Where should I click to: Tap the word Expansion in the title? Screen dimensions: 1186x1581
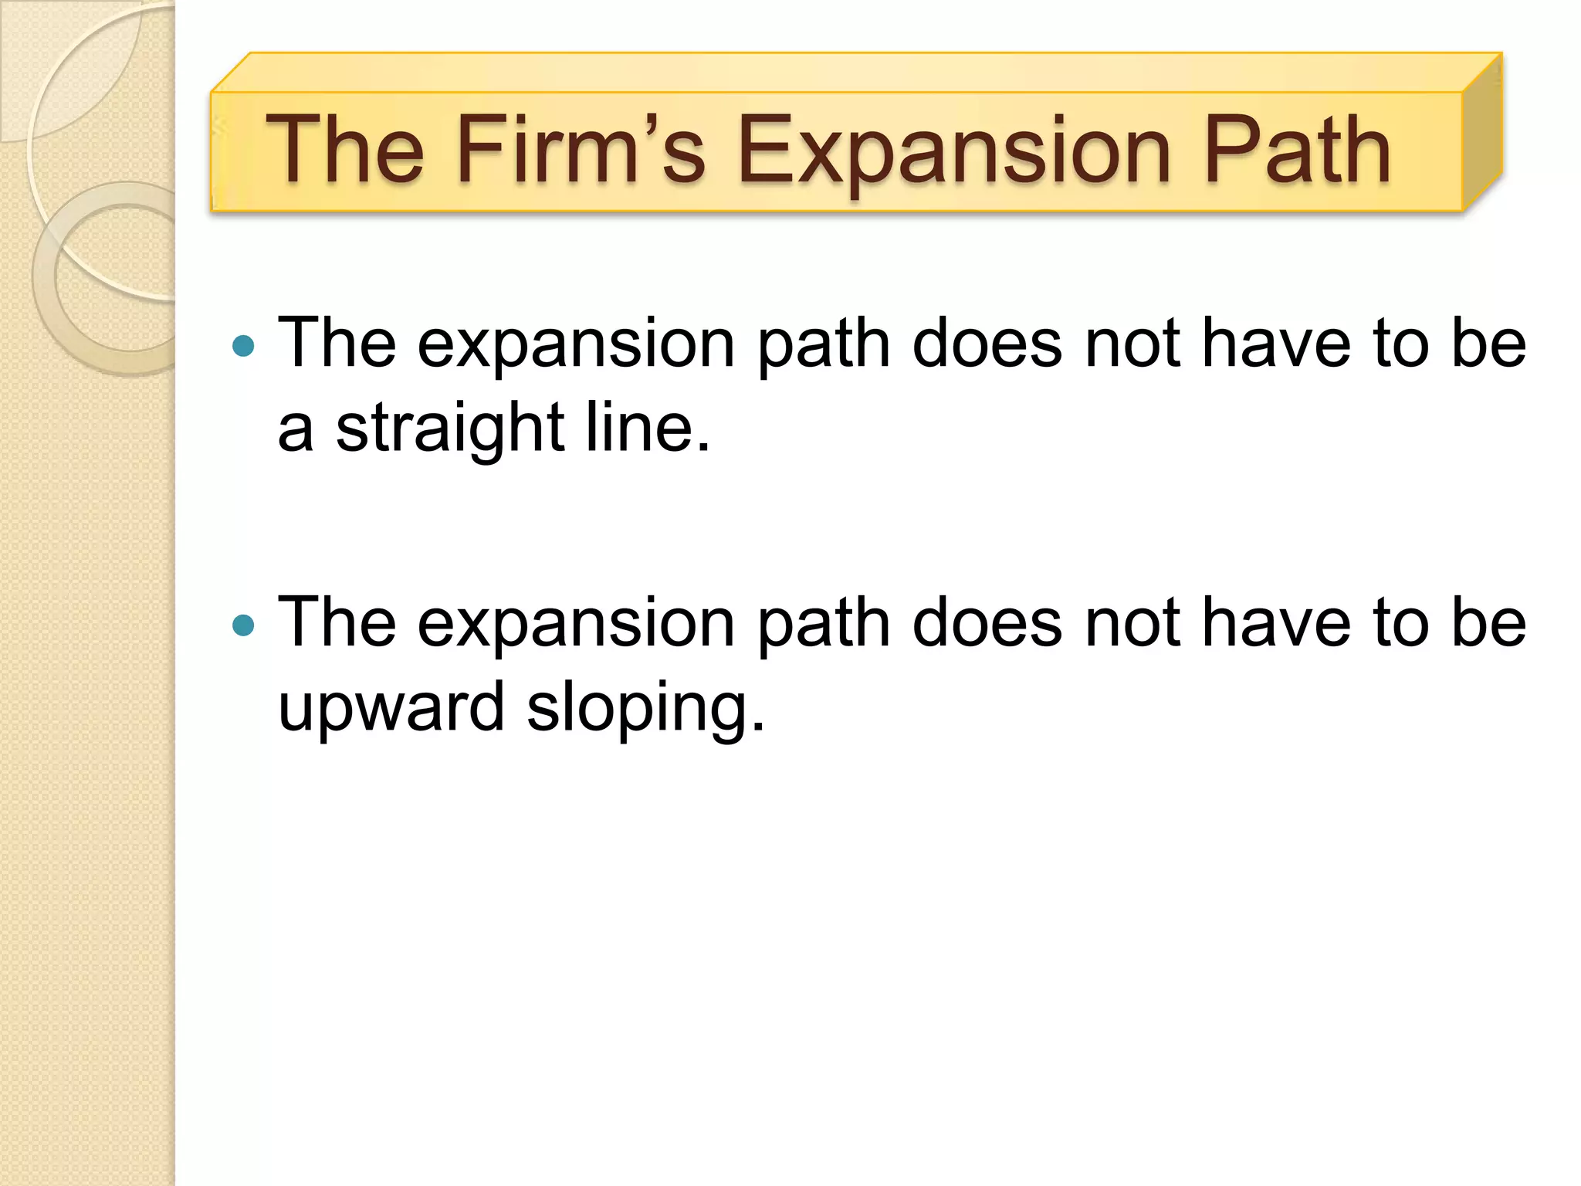954,151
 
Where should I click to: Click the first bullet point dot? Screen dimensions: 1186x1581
243,345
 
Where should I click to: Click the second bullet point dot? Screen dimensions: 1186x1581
243,625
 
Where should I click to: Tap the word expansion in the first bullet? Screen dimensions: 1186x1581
576,345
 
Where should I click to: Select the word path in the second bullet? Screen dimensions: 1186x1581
824,624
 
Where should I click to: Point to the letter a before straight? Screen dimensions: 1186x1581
296,429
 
